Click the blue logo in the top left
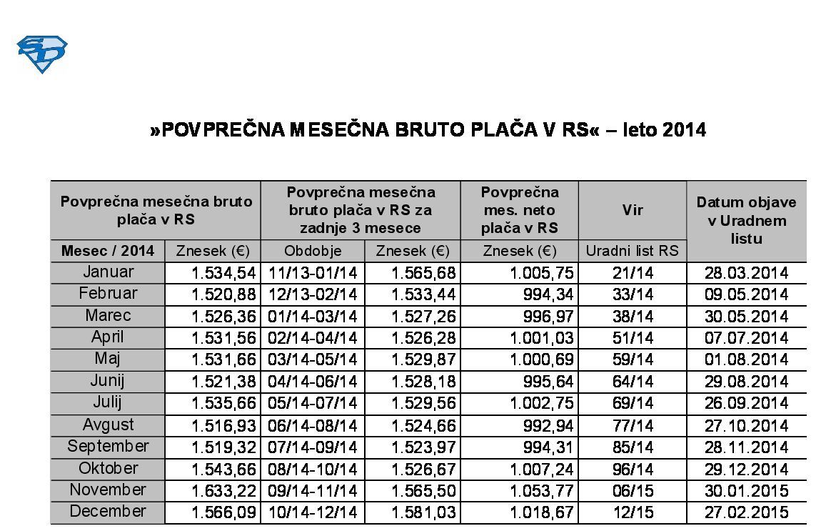41,54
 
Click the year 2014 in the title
683,129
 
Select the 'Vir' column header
633,210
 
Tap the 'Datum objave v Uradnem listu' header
746,220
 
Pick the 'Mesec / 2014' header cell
108,251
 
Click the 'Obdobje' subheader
313,251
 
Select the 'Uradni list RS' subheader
633,251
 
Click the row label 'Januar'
108,272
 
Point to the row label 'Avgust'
108,425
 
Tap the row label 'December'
108,512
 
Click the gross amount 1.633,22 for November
223,490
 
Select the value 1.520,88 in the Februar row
223,294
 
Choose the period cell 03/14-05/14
313,359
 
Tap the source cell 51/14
633,338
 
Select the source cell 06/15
633,490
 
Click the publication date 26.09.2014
746,403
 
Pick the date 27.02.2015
746,512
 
